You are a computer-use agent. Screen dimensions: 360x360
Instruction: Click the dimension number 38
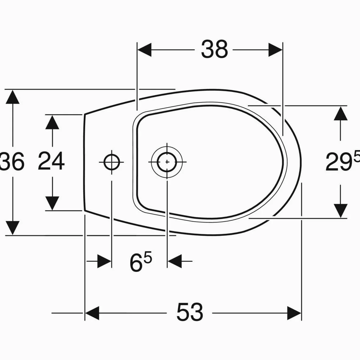(214, 49)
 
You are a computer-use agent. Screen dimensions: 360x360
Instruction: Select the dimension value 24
(51, 161)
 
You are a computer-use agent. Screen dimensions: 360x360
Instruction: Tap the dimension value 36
(12, 161)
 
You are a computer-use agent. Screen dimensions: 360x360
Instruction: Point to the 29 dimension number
(339, 162)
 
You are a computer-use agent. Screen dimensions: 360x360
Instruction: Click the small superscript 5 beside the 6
(148, 257)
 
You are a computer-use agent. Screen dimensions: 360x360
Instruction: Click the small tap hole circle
(111, 162)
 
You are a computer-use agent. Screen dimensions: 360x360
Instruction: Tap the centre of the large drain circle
(167, 162)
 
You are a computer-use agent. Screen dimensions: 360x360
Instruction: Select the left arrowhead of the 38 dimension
(144, 50)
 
